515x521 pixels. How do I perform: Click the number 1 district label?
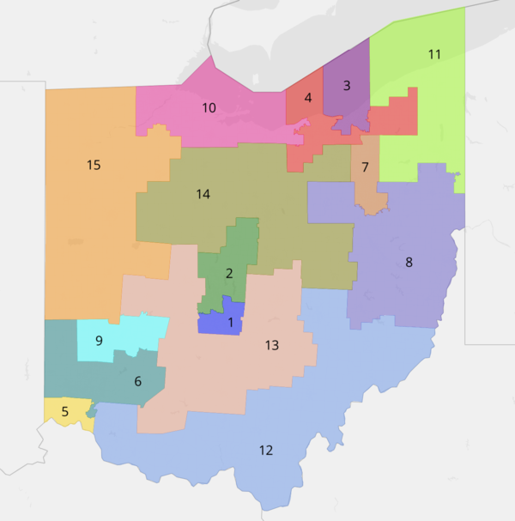(x=230, y=323)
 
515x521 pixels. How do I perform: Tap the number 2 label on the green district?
(x=229, y=274)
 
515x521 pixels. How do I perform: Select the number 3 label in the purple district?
(x=347, y=85)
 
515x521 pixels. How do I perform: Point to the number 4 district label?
(x=307, y=98)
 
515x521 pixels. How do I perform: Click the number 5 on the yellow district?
(x=64, y=410)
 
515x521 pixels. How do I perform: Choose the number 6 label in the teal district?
(x=137, y=381)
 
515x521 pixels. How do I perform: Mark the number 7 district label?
(x=365, y=167)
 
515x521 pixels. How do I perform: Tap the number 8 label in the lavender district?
(x=409, y=262)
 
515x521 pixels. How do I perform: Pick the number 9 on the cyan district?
(x=99, y=341)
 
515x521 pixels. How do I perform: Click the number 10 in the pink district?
(x=209, y=108)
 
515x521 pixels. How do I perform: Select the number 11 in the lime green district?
(x=434, y=54)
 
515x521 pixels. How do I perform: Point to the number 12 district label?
(x=266, y=450)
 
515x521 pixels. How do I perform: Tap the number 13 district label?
(x=271, y=345)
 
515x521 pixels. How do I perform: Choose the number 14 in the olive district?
(x=203, y=194)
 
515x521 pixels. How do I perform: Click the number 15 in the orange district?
(x=94, y=164)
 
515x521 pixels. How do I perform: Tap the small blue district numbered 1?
(x=215, y=324)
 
